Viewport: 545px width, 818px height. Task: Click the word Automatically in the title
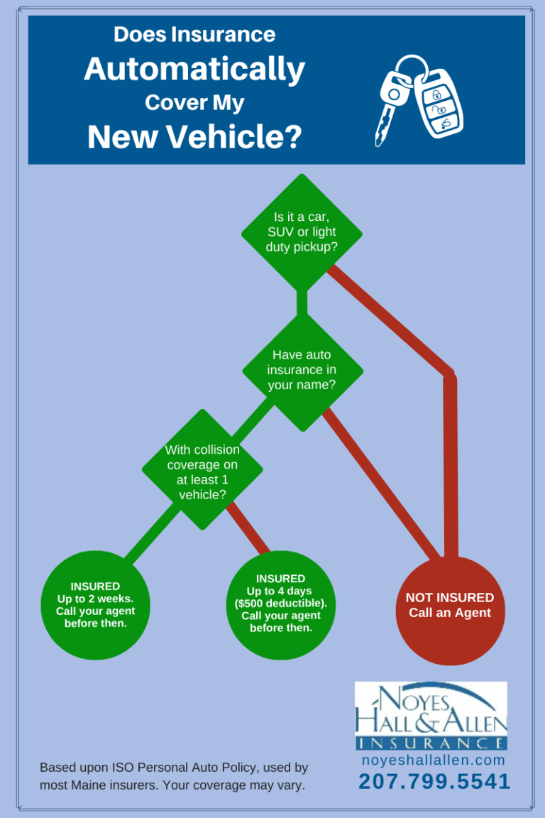point(194,70)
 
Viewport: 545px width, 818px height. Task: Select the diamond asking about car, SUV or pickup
point(302,232)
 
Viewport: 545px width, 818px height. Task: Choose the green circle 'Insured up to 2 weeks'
point(95,605)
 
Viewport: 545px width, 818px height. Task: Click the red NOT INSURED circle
point(450,609)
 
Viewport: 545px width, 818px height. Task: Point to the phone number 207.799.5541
point(434,781)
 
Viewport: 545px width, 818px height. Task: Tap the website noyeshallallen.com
point(434,760)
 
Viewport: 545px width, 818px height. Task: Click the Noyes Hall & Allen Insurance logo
point(431,715)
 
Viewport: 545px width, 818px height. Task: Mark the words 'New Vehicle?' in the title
point(194,136)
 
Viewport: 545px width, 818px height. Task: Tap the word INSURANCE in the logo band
point(431,743)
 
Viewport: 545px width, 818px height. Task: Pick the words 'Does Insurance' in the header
point(194,34)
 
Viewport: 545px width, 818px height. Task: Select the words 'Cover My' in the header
point(194,103)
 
